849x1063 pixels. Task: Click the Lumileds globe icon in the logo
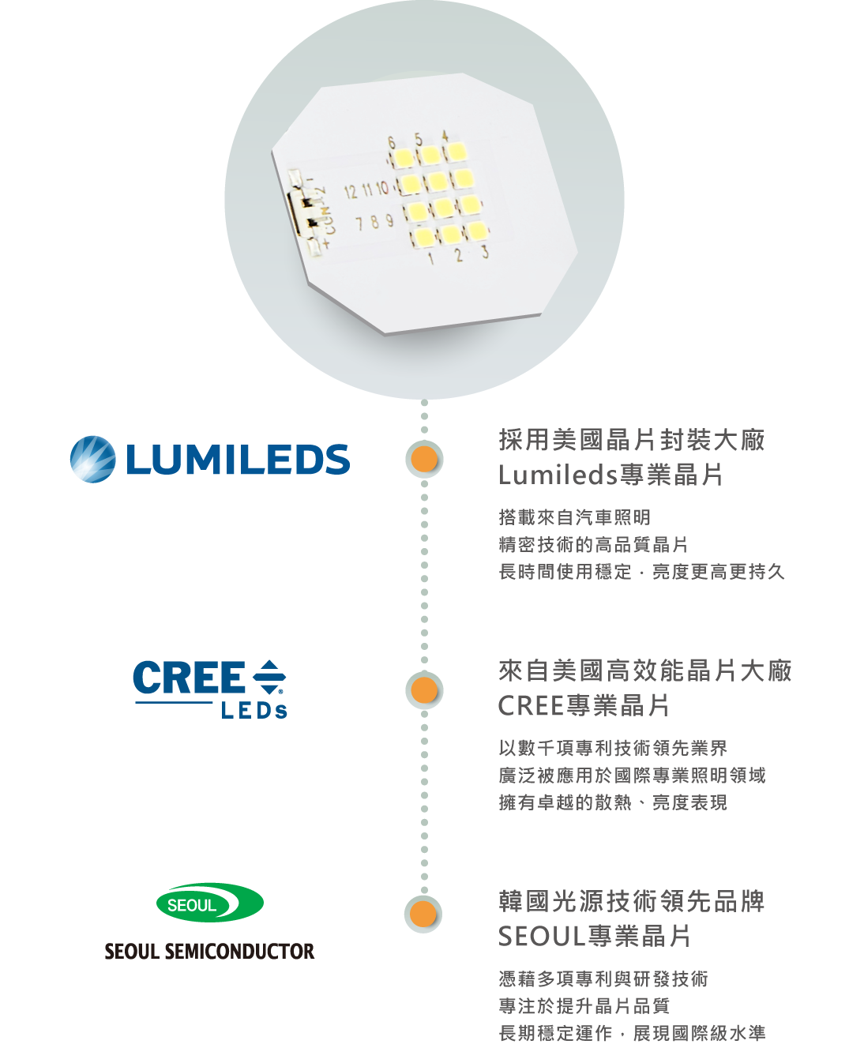(x=92, y=459)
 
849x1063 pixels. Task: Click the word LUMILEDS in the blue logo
(x=237, y=460)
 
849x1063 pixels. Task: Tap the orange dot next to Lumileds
(x=425, y=460)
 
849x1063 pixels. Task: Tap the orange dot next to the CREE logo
(x=425, y=690)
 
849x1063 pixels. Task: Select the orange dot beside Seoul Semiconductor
(x=424, y=915)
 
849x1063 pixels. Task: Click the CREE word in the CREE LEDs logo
(x=189, y=678)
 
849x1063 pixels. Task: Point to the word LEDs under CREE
(x=254, y=711)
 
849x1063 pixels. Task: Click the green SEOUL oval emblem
(x=210, y=903)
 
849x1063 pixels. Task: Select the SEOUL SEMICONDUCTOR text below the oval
(x=209, y=951)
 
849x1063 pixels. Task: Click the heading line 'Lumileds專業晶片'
(x=610, y=475)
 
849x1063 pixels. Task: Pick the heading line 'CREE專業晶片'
(x=584, y=705)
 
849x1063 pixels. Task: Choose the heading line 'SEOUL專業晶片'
(x=594, y=937)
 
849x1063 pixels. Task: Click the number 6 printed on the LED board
(x=392, y=142)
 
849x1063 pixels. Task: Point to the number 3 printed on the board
(x=485, y=252)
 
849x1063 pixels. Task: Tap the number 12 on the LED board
(x=351, y=191)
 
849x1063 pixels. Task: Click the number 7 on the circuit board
(x=359, y=223)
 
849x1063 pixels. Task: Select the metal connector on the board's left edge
(x=304, y=210)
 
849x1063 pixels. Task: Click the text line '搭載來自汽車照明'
(x=574, y=517)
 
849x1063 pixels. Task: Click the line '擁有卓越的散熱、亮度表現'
(x=612, y=802)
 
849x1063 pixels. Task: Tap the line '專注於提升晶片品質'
(x=584, y=1005)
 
